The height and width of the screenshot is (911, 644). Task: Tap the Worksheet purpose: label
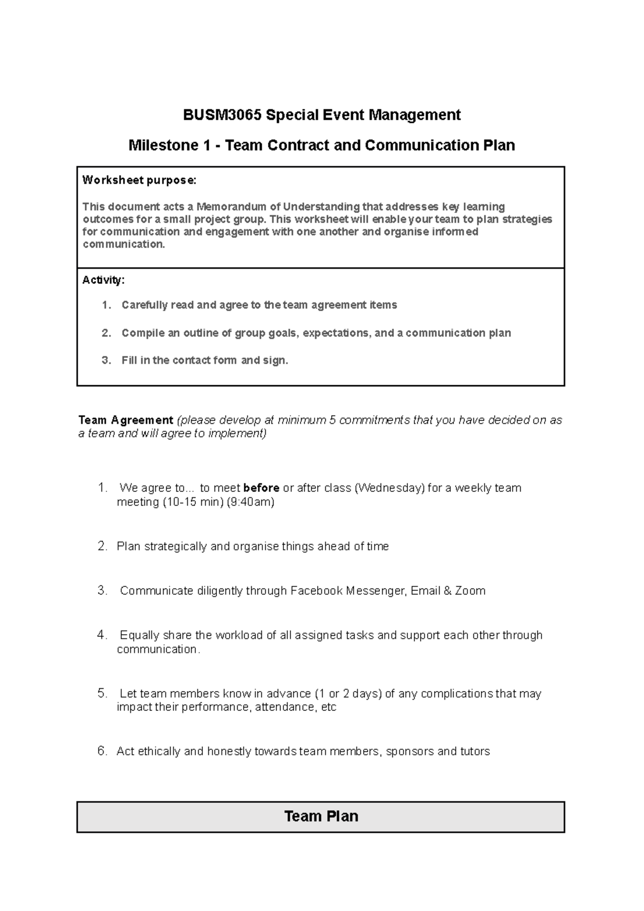click(x=139, y=180)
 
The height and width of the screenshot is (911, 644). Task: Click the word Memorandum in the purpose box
click(x=237, y=207)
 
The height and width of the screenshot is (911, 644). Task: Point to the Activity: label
click(x=103, y=280)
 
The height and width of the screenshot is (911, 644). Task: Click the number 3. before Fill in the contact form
click(x=106, y=361)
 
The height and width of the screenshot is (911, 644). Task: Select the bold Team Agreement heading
click(x=126, y=420)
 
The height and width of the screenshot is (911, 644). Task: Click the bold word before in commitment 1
click(x=261, y=488)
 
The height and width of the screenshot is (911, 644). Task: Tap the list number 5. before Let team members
click(x=103, y=694)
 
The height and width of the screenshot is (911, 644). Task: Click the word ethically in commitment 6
click(x=159, y=752)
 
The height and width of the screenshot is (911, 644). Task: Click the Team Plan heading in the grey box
click(x=321, y=817)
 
